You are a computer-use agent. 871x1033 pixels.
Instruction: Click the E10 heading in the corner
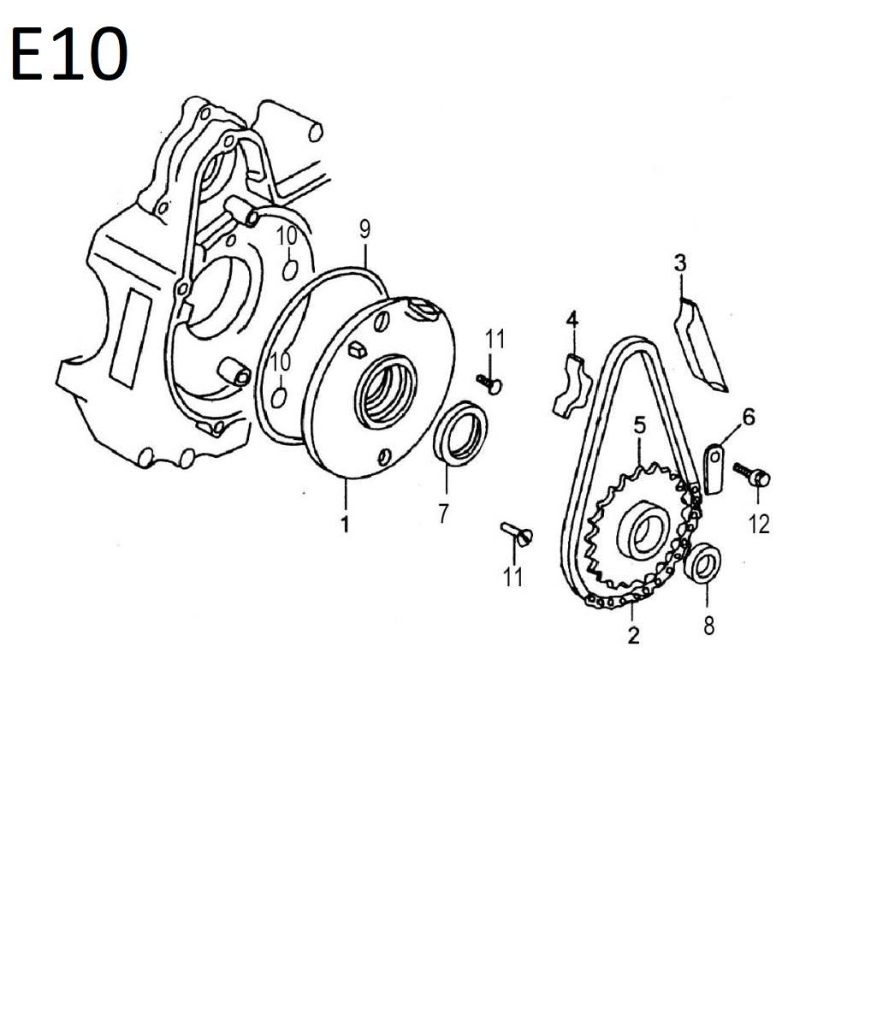coord(69,54)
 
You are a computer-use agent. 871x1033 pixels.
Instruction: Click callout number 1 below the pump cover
coord(346,525)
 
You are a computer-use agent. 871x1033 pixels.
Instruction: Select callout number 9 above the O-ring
coord(365,229)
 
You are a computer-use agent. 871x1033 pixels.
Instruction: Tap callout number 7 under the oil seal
coord(443,514)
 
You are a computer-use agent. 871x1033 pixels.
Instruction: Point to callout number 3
coord(680,264)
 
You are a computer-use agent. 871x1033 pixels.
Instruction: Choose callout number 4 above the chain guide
coord(572,320)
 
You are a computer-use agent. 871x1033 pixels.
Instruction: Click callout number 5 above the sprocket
coord(640,425)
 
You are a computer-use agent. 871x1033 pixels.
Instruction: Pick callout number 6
coord(749,418)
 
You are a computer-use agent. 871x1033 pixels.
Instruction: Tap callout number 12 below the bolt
coord(759,525)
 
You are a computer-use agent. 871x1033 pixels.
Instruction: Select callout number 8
coord(708,626)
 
